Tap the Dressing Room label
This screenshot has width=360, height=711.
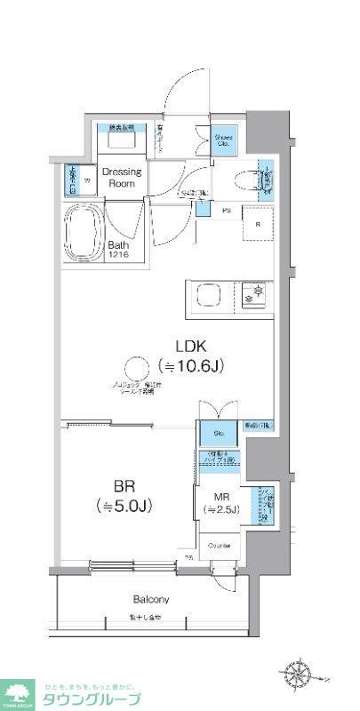coord(120,177)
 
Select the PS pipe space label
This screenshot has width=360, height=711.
coord(226,212)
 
